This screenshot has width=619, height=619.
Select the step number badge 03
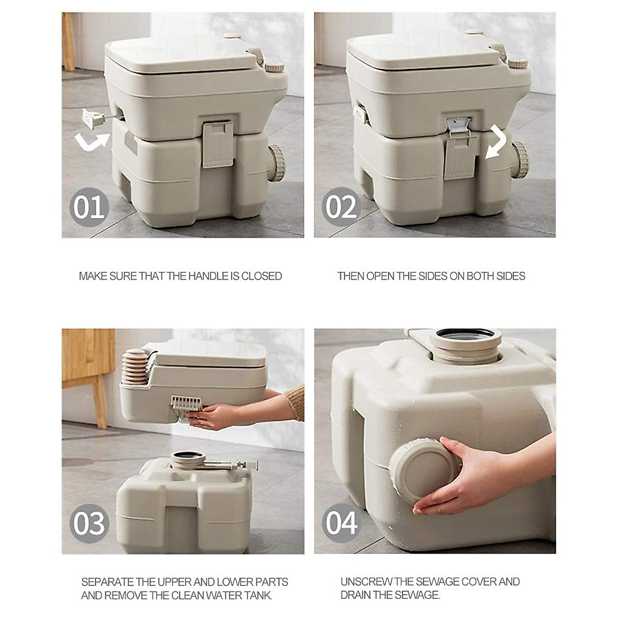(x=89, y=523)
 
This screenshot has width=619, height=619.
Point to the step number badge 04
(x=341, y=523)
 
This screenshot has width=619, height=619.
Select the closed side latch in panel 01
(x=216, y=144)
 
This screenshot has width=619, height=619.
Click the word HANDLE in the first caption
(x=202, y=276)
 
